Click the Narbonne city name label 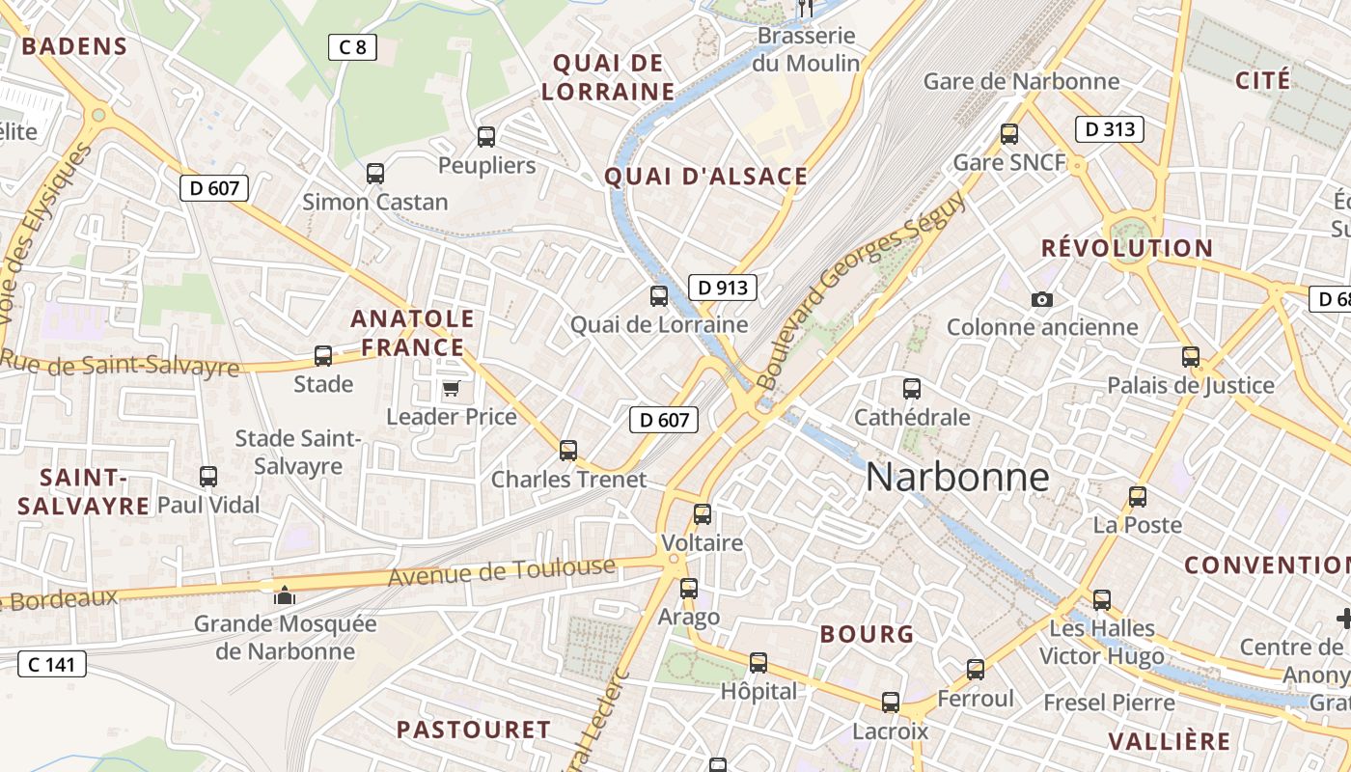pos(957,477)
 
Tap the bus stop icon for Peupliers pos(486,137)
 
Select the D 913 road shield pos(722,287)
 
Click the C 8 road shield pos(351,46)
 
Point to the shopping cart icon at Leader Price pos(451,389)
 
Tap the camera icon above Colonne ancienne pos(1041,299)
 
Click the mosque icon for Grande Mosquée pos(284,595)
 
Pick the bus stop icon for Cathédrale pos(912,389)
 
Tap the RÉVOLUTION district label pos(1127,248)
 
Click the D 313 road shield pos(1109,128)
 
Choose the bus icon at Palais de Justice pos(1191,357)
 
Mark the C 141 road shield pos(52,664)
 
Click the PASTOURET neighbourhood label pos(474,730)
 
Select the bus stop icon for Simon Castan pos(375,174)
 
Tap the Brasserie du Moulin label pos(807,49)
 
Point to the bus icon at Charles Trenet pos(568,450)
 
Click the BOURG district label pos(867,634)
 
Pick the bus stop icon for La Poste pos(1138,497)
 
